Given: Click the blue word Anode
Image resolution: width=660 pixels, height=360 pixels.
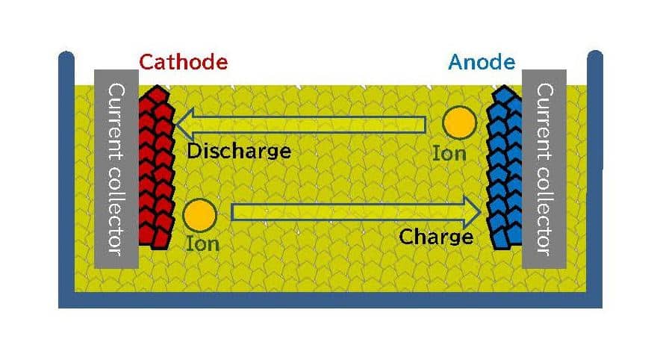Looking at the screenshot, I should click(x=482, y=62).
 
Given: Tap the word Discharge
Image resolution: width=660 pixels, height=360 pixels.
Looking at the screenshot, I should click(x=238, y=152).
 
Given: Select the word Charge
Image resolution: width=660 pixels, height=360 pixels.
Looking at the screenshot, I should click(x=436, y=238).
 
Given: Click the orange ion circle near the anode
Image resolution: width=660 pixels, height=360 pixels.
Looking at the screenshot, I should click(x=459, y=122).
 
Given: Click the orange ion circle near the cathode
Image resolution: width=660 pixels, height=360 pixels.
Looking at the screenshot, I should click(x=199, y=215).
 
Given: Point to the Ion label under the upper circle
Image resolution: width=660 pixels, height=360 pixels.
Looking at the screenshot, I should click(x=449, y=154).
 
